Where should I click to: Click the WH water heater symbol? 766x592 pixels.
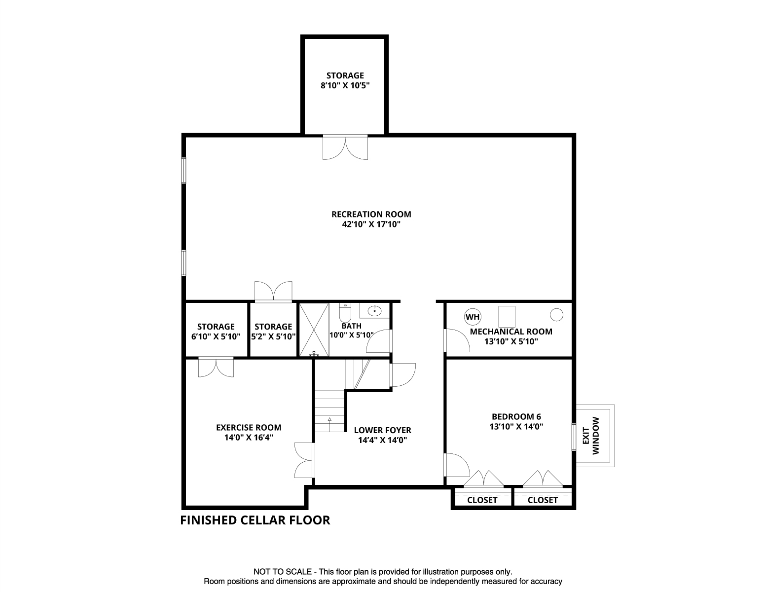click(472, 317)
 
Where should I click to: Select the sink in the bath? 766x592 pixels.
click(375, 310)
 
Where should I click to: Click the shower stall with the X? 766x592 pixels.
click(314, 329)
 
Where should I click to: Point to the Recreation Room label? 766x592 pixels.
click(371, 214)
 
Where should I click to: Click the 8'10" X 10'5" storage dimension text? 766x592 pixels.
click(345, 85)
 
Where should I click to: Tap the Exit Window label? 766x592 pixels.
click(591, 436)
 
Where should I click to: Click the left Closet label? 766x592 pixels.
click(482, 500)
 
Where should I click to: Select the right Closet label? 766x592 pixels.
click(543, 500)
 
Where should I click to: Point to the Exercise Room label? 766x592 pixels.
click(249, 427)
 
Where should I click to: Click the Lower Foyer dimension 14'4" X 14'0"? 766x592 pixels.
click(382, 441)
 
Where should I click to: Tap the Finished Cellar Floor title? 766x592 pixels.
click(255, 520)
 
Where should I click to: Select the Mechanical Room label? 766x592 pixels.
click(511, 332)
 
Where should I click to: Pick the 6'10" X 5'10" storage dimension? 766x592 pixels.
click(216, 337)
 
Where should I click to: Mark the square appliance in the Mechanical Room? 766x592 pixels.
click(507, 315)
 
